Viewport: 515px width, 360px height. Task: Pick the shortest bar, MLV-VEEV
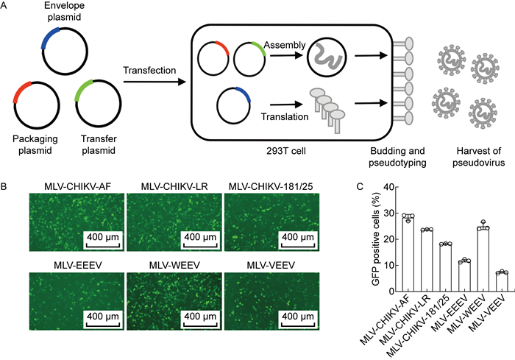502,278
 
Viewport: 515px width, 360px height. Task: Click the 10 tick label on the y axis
387,265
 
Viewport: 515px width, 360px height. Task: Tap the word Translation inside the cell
281,116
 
